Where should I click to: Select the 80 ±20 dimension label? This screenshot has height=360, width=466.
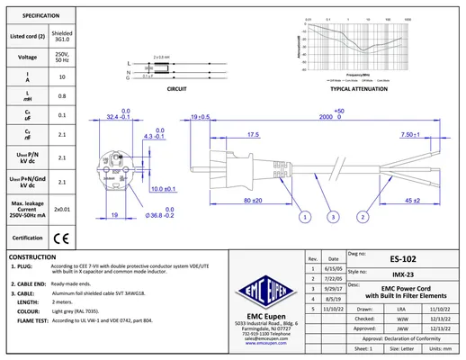[253, 199]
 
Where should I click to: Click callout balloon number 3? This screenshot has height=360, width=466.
[334, 217]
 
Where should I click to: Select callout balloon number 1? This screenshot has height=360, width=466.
[305, 217]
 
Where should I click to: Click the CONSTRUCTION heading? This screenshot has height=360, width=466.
[32, 256]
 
